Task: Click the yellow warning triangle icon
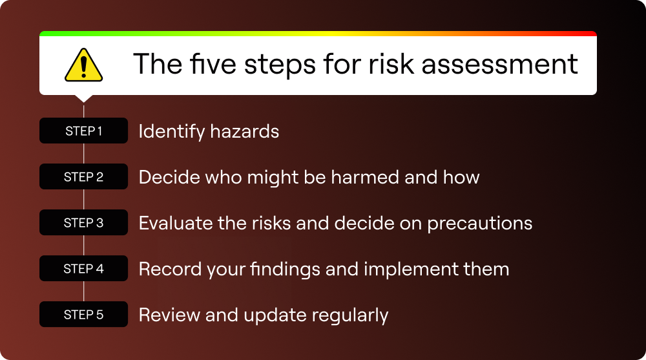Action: (x=83, y=65)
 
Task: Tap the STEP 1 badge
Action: (x=83, y=131)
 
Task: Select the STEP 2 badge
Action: (x=83, y=176)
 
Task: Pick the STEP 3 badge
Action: (x=83, y=223)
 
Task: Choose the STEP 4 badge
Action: (x=83, y=269)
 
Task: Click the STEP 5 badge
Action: (x=83, y=315)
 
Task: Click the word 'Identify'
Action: (x=171, y=132)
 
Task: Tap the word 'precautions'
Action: (x=477, y=224)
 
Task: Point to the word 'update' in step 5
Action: (x=277, y=315)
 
